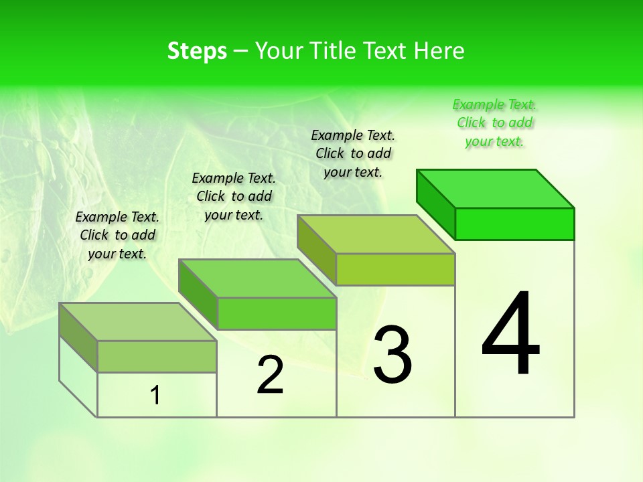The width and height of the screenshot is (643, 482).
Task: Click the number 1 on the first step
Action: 155,396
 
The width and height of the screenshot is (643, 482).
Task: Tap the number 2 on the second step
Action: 270,375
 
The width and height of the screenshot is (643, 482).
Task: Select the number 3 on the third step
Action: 392,354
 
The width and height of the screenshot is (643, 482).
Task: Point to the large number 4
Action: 511,335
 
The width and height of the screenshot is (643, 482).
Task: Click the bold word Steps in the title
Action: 197,51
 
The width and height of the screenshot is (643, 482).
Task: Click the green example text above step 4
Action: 494,123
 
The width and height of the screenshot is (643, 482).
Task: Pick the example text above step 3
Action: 353,153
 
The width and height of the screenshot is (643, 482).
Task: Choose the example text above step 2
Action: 234,196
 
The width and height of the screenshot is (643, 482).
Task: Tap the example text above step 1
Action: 117,235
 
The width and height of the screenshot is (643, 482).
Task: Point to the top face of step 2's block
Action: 257,278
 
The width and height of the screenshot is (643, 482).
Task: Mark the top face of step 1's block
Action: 138,322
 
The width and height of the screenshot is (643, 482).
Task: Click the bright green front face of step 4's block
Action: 514,224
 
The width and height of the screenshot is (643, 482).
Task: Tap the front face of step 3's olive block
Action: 395,269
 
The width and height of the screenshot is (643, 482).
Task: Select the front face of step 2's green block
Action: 277,313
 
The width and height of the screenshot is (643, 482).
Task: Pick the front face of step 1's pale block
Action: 157,356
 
